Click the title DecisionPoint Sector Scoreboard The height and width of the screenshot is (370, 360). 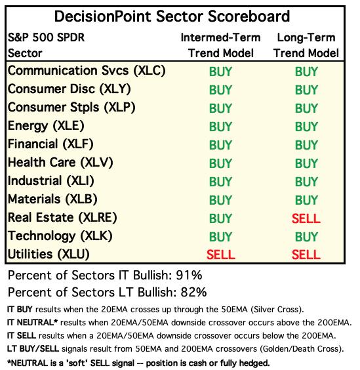(172, 16)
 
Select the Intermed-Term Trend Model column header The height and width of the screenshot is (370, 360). (220, 45)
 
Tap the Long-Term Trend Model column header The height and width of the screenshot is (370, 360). (306, 45)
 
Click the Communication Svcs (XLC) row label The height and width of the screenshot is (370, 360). (87, 71)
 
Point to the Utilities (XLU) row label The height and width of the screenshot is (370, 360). (49, 254)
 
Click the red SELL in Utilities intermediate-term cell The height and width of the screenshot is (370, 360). (221, 255)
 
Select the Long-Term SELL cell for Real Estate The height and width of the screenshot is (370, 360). (306, 218)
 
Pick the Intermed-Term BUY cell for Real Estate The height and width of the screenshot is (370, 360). (220, 218)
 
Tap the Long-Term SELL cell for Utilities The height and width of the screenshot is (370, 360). (306, 255)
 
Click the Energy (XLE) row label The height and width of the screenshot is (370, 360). (46, 126)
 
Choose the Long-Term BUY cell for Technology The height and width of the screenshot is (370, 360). (306, 237)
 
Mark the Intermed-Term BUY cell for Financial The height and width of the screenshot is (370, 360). (220, 145)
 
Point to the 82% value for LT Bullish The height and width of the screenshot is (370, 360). (193, 292)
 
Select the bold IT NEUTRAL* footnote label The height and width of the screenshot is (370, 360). (32, 322)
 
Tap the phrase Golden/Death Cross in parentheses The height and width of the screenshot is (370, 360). (300, 349)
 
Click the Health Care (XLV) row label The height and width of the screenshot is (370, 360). (60, 163)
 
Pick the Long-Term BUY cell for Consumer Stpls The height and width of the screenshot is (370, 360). (306, 108)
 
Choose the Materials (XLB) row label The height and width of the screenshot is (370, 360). (52, 199)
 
